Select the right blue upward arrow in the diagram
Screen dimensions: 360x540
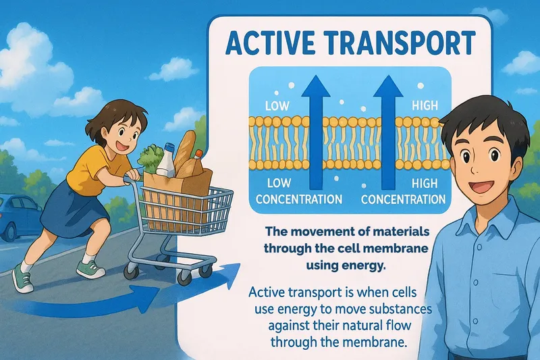(x=389, y=135)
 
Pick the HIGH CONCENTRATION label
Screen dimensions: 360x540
(x=403, y=192)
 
